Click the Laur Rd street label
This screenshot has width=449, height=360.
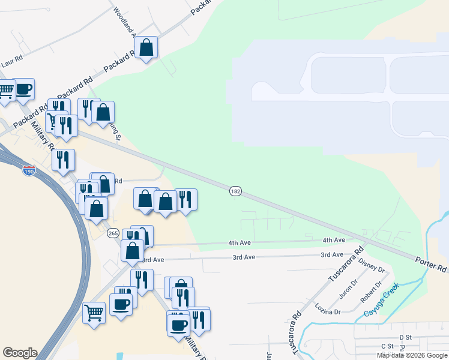(x=11, y=62)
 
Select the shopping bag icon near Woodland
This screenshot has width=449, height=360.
(x=146, y=47)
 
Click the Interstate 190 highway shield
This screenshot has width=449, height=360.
(x=29, y=172)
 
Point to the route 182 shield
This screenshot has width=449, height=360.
(x=235, y=191)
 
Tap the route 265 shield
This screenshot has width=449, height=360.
(x=113, y=233)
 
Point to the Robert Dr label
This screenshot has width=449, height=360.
(x=370, y=292)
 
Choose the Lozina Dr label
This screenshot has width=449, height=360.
(x=328, y=308)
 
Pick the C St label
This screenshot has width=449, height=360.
(x=387, y=346)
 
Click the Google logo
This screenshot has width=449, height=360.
(x=20, y=353)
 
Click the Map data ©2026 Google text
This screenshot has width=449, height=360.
(x=411, y=355)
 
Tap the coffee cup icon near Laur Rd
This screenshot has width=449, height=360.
(x=23, y=89)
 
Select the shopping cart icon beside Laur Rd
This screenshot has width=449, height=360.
(x=5, y=92)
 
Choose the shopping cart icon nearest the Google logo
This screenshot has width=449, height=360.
(x=94, y=312)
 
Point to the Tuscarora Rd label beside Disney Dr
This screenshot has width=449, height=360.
(x=346, y=265)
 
